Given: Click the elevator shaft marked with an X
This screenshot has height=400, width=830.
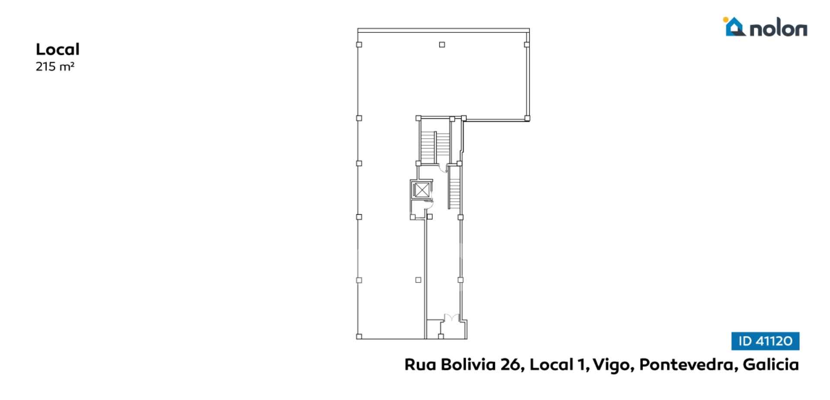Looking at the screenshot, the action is pos(421,190).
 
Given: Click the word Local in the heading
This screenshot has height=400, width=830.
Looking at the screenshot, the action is pos(57,49).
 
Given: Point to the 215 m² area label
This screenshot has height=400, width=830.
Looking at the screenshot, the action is pos(55,67).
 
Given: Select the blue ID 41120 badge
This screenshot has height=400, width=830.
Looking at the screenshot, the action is pos(765,341).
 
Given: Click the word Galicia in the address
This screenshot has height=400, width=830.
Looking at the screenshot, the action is pos(771,365).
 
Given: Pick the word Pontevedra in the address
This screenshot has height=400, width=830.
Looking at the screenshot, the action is pos(687,365).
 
